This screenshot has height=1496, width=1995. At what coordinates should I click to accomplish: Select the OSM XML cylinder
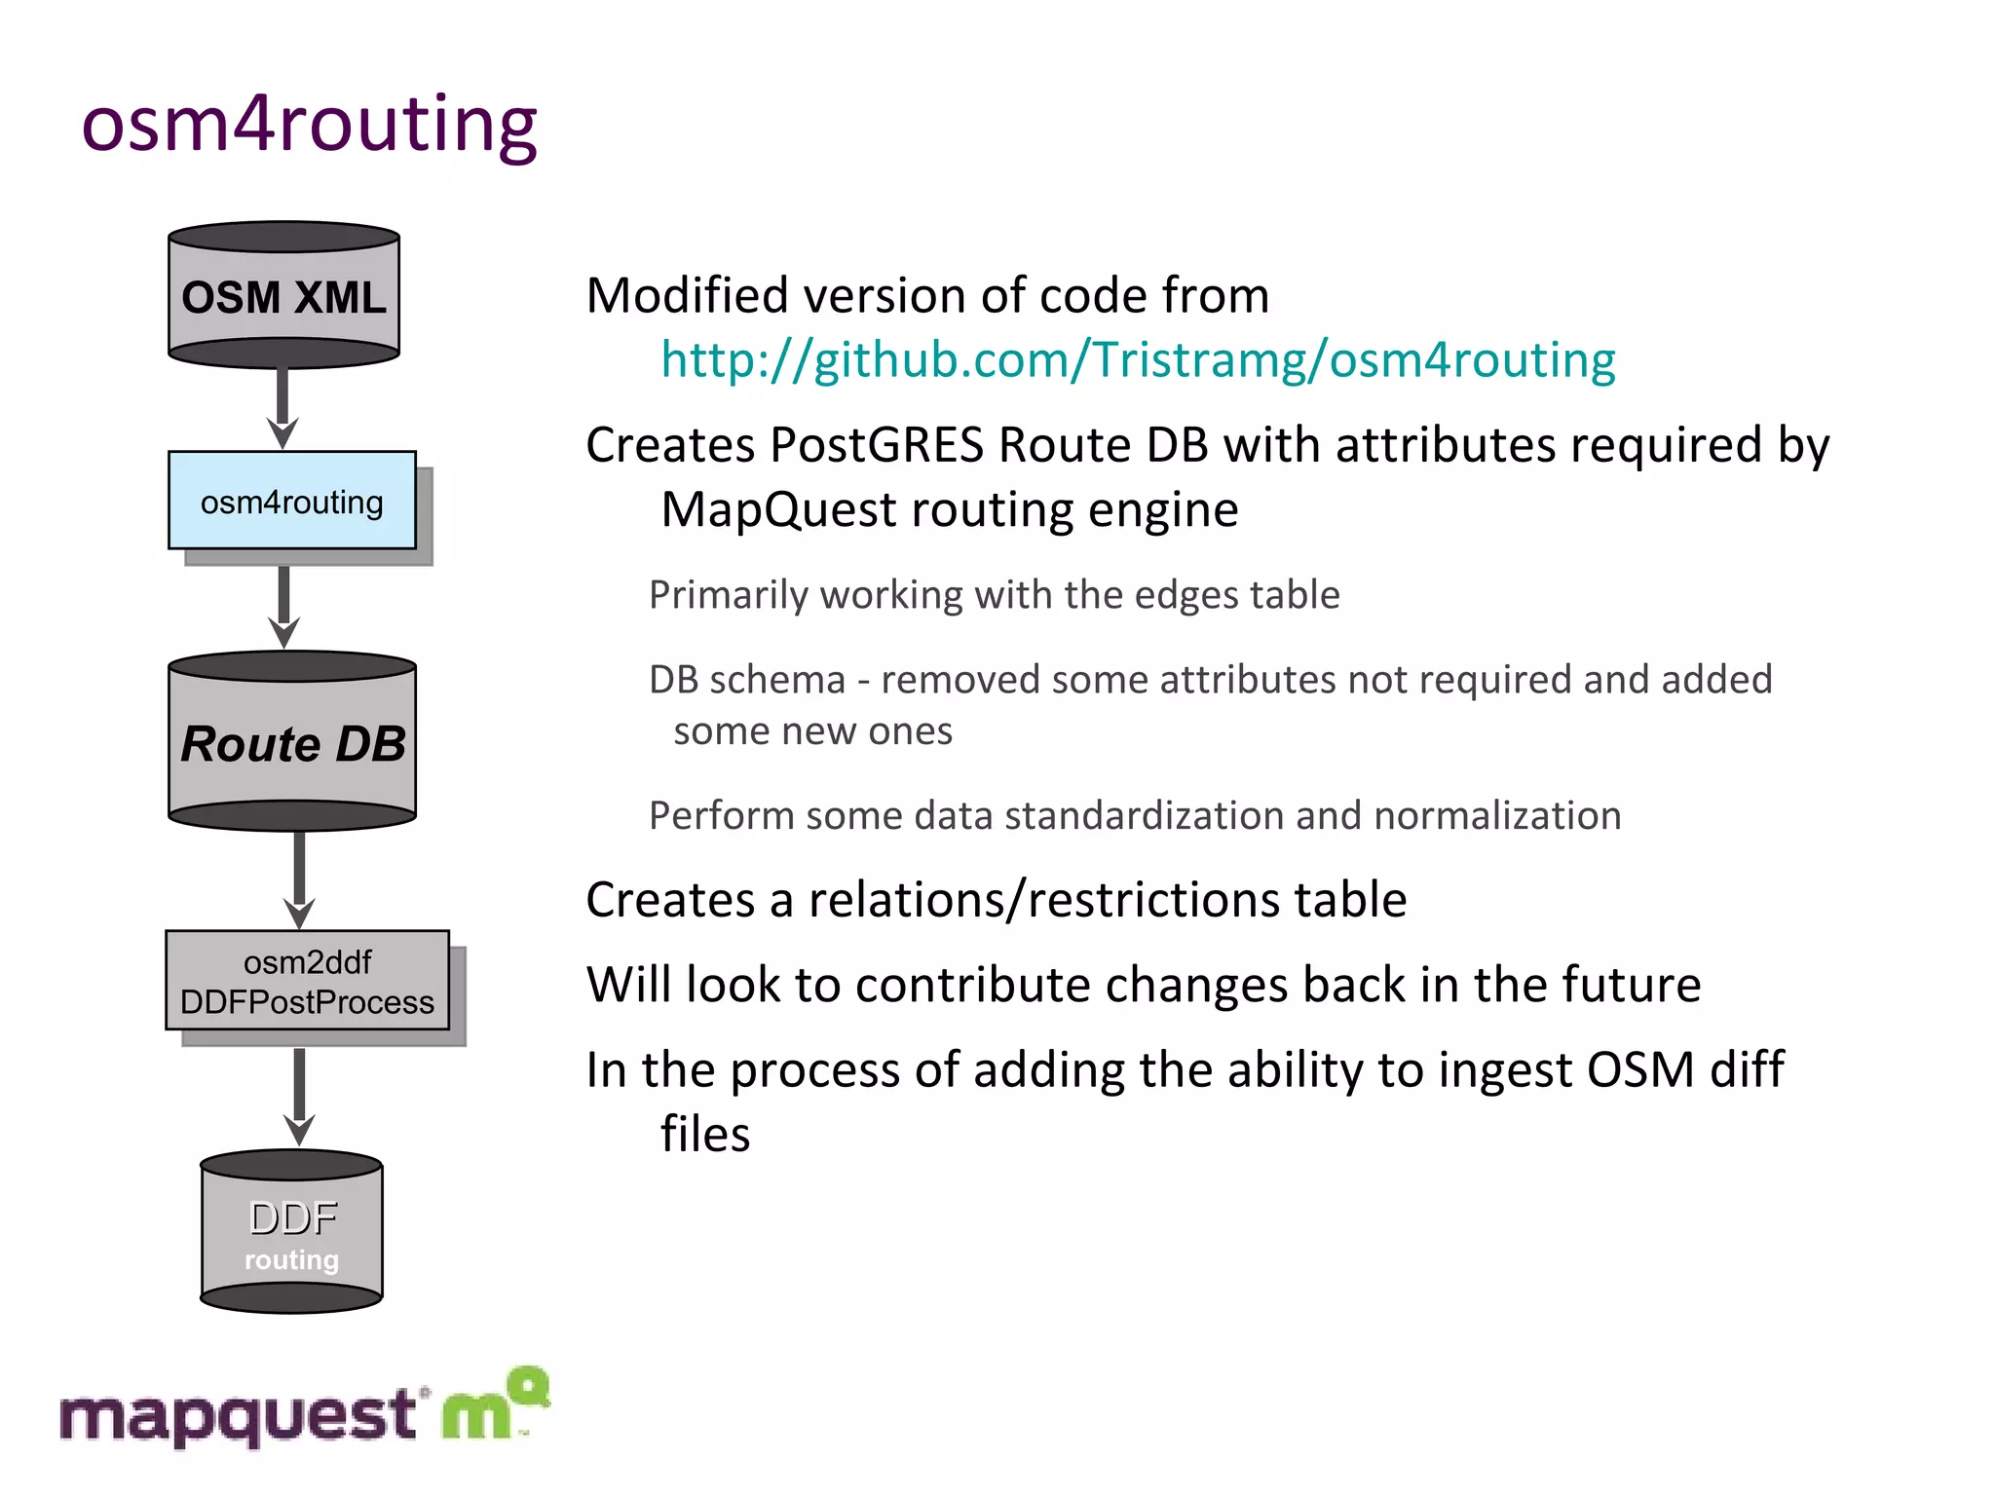click(x=283, y=296)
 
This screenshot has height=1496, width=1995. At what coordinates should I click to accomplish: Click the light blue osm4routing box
click(x=291, y=501)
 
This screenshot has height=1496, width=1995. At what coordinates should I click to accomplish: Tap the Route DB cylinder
click(x=292, y=743)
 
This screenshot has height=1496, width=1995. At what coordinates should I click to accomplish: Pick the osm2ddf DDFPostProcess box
click(x=307, y=981)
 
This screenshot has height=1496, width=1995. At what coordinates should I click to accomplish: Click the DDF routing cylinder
click(x=291, y=1233)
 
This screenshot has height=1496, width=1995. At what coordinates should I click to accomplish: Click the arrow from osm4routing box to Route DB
click(x=283, y=606)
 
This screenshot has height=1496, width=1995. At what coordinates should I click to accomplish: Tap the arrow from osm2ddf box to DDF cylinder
click(x=299, y=1095)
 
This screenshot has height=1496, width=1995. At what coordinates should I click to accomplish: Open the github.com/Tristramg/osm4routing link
click(x=1137, y=360)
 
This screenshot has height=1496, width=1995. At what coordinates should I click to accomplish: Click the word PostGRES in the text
click(x=877, y=445)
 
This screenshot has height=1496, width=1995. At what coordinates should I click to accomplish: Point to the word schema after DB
click(x=777, y=680)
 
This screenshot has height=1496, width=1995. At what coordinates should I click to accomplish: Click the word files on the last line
click(x=705, y=1135)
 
